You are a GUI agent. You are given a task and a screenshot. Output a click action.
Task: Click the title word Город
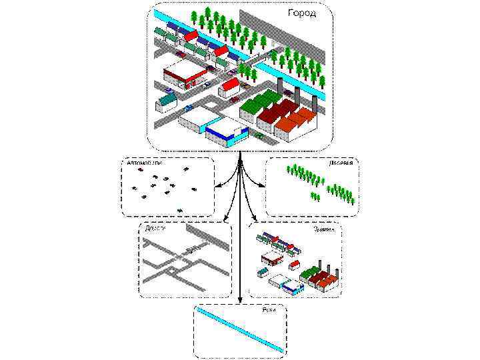pyautogui.click(x=302, y=13)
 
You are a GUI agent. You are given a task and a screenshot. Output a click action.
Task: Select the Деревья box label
pyautogui.click(x=341, y=162)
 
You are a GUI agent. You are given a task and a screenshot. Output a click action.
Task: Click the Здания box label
pyautogui.click(x=325, y=228)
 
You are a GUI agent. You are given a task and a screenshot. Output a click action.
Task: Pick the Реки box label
pyautogui.click(x=268, y=309)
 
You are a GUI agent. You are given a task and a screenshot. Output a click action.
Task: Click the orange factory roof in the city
pyautogui.click(x=297, y=121)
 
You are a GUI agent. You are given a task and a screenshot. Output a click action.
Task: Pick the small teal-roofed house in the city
pyautogui.click(x=167, y=100)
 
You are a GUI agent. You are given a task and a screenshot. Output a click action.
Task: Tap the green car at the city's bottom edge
pyautogui.click(x=259, y=135)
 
